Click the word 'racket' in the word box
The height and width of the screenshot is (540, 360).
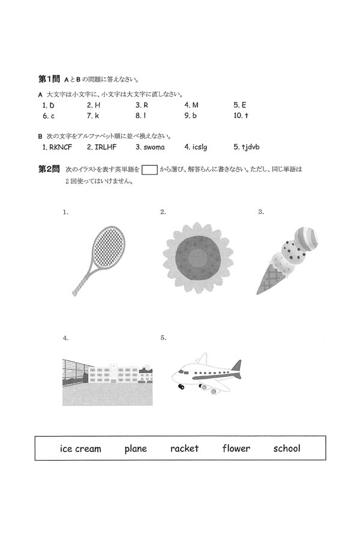tap(184, 448)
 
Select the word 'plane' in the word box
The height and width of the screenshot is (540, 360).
tap(136, 448)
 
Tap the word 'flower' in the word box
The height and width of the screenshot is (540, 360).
tap(236, 448)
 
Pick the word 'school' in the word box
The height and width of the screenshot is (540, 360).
tap(287, 448)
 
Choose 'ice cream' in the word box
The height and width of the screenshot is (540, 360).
tap(80, 448)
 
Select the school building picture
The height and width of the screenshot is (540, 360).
tap(108, 382)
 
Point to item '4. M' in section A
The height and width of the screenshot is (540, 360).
tap(191, 105)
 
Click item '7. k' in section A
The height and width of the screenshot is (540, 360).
tap(92, 115)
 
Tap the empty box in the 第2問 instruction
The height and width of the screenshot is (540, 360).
tap(149, 170)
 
